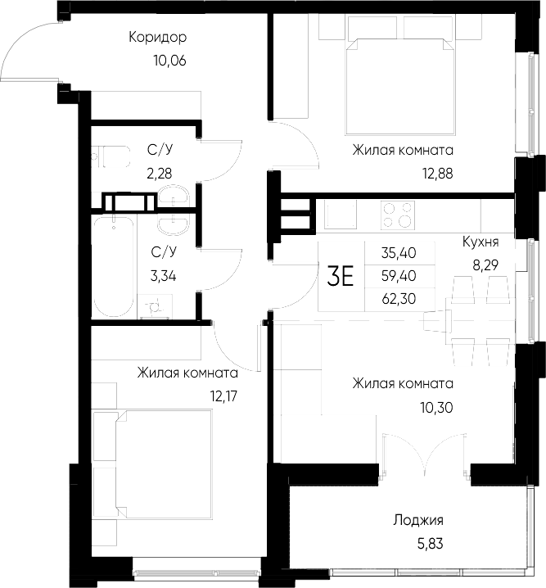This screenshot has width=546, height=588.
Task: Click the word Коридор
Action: tap(158, 37)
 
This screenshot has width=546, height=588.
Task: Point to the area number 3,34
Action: tap(160, 275)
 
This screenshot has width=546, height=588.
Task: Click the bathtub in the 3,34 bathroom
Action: tap(112, 267)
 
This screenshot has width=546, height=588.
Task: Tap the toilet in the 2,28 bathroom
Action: tap(108, 156)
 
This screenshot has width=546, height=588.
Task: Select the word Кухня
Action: tap(481, 242)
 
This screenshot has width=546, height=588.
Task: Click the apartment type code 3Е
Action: tap(340, 277)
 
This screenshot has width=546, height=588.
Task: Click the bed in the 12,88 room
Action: tap(400, 78)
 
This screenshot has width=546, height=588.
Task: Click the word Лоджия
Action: tap(417, 520)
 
